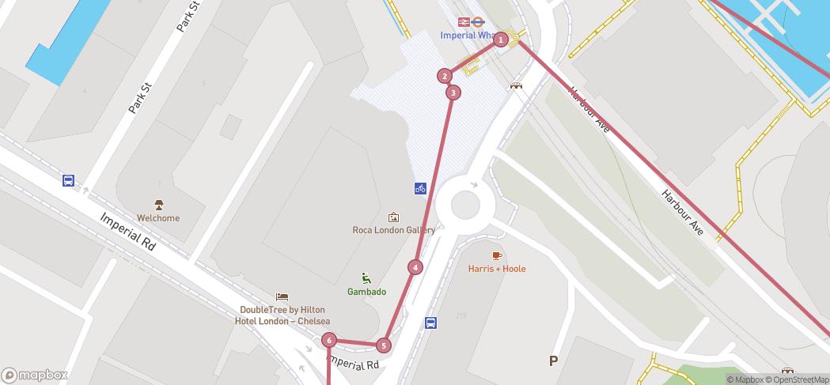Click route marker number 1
point(500,40)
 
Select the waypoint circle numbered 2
point(445,76)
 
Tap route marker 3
point(453,92)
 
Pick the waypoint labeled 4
point(415,267)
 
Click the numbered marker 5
point(384,345)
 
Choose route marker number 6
point(329,341)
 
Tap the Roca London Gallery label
point(393,230)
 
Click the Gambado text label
point(366,292)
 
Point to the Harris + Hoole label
point(496,269)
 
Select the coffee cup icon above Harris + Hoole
point(496,255)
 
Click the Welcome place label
point(158,218)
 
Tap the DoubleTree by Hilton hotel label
point(281,315)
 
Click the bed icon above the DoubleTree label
point(281,297)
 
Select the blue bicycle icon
point(420,188)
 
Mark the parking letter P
point(553,361)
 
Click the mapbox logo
point(35,376)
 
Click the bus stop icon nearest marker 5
point(430,323)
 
